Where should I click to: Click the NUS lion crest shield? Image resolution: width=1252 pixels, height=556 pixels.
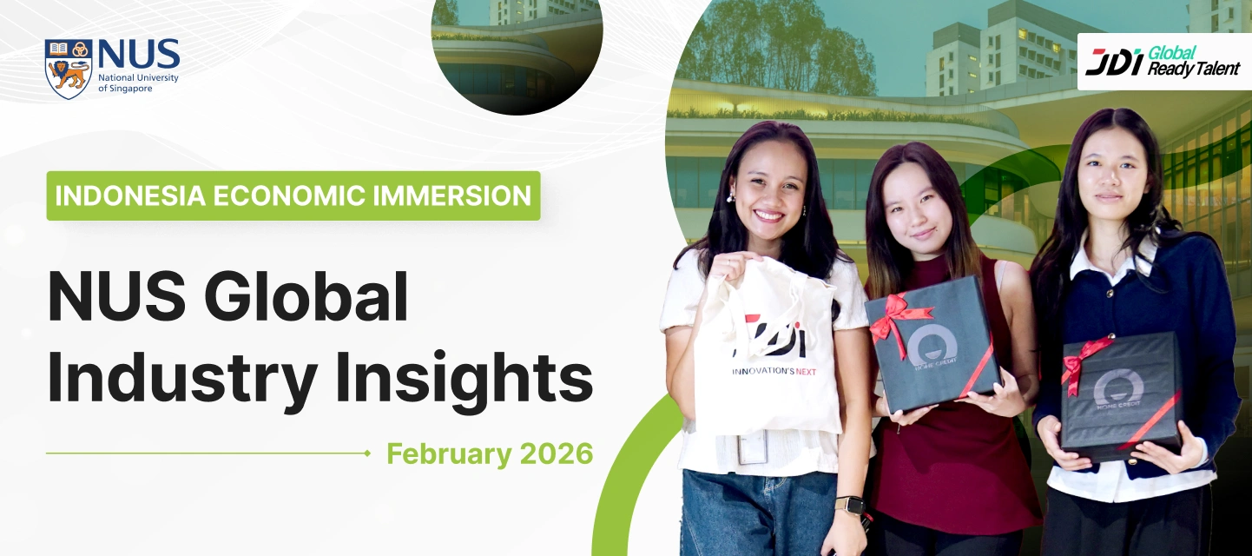[69, 68]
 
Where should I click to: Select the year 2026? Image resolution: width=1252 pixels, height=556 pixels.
[555, 453]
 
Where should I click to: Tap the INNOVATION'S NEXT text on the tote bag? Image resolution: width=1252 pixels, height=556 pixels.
[774, 372]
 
